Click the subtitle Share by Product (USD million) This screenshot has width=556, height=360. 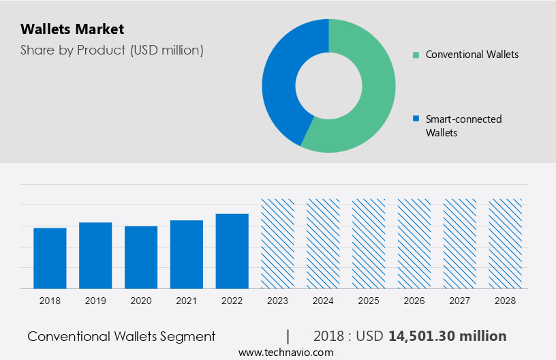coord(112,50)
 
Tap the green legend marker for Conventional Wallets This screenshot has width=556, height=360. coord(416,55)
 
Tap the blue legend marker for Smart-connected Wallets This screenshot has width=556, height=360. coord(416,119)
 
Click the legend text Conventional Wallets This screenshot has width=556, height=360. coord(472,55)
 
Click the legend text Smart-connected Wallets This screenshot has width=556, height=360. coord(463,125)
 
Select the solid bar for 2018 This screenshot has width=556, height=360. coord(50,258)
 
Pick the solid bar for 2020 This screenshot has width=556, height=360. coord(141,257)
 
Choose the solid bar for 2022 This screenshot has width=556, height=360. coord(232,251)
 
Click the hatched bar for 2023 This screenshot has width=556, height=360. coord(278,243)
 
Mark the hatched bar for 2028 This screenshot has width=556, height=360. coord(506,243)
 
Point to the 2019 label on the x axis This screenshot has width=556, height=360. coord(95,301)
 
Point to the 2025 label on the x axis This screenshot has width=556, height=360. coord(369,301)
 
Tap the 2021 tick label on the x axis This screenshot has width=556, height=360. coord(187,301)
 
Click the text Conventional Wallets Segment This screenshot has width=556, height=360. coord(121,336)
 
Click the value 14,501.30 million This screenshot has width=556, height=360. coord(447,336)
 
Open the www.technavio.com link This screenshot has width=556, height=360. coord(285,352)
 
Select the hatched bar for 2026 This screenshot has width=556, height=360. coord(414,243)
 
